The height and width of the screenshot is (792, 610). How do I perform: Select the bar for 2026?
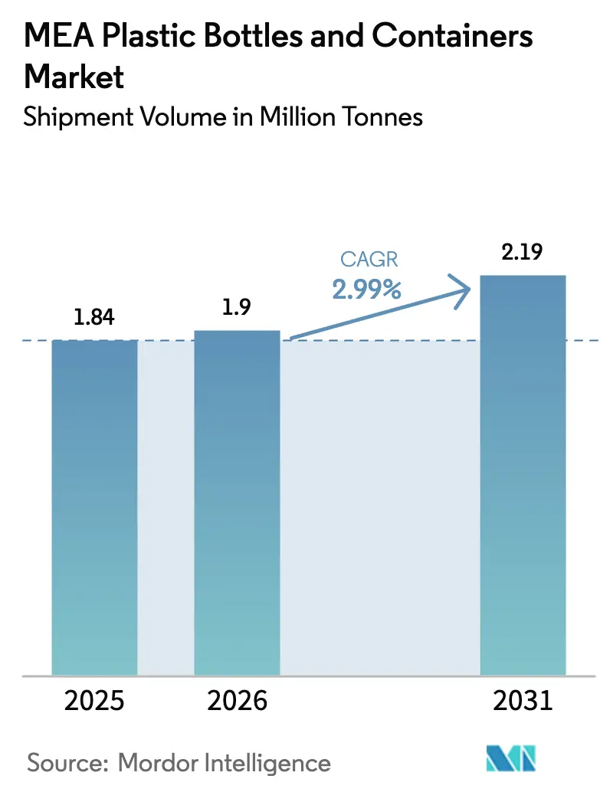click(237, 502)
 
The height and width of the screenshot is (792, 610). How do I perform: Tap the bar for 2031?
click(523, 475)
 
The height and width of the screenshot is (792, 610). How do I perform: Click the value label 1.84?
click(94, 317)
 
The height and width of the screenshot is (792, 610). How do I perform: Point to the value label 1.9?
click(237, 307)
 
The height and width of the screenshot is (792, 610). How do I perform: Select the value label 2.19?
click(523, 253)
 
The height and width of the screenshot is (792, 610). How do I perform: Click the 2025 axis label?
click(94, 700)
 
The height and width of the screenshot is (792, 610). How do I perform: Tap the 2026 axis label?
click(237, 700)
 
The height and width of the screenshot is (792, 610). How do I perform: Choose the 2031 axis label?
click(523, 700)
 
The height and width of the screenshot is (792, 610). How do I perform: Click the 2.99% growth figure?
click(367, 290)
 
